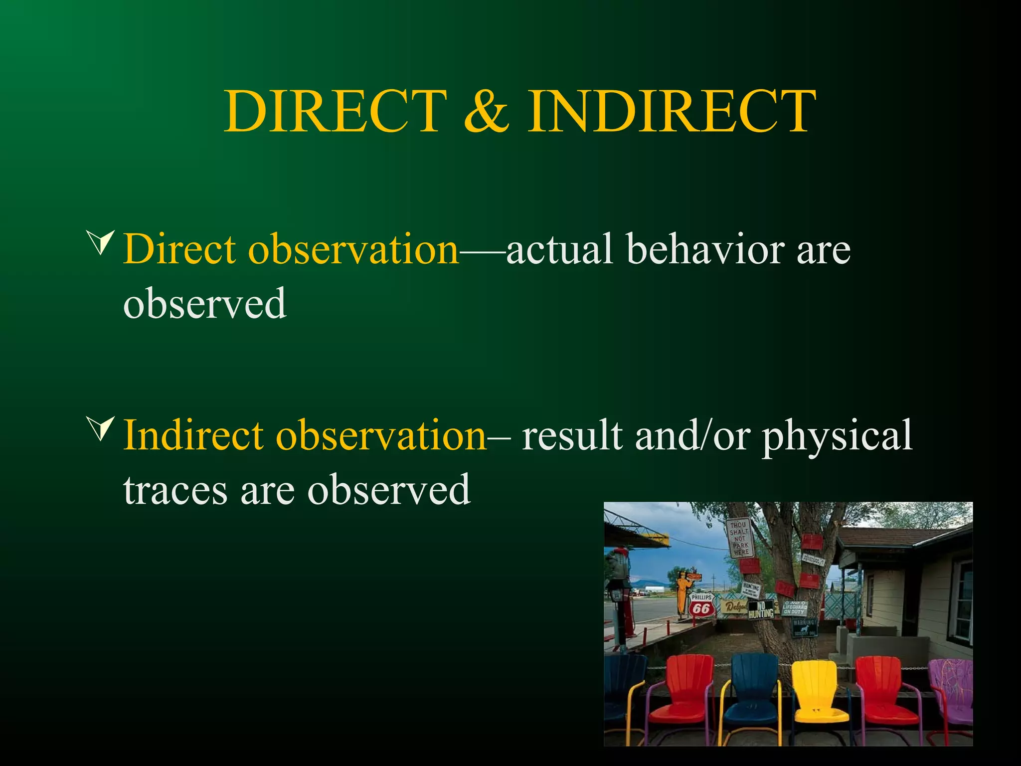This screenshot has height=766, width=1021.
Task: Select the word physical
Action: [837, 435]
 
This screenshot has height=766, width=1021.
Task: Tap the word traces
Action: [175, 490]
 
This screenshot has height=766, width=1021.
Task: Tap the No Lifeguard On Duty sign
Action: [794, 608]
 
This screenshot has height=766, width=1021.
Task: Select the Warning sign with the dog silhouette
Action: [804, 627]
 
